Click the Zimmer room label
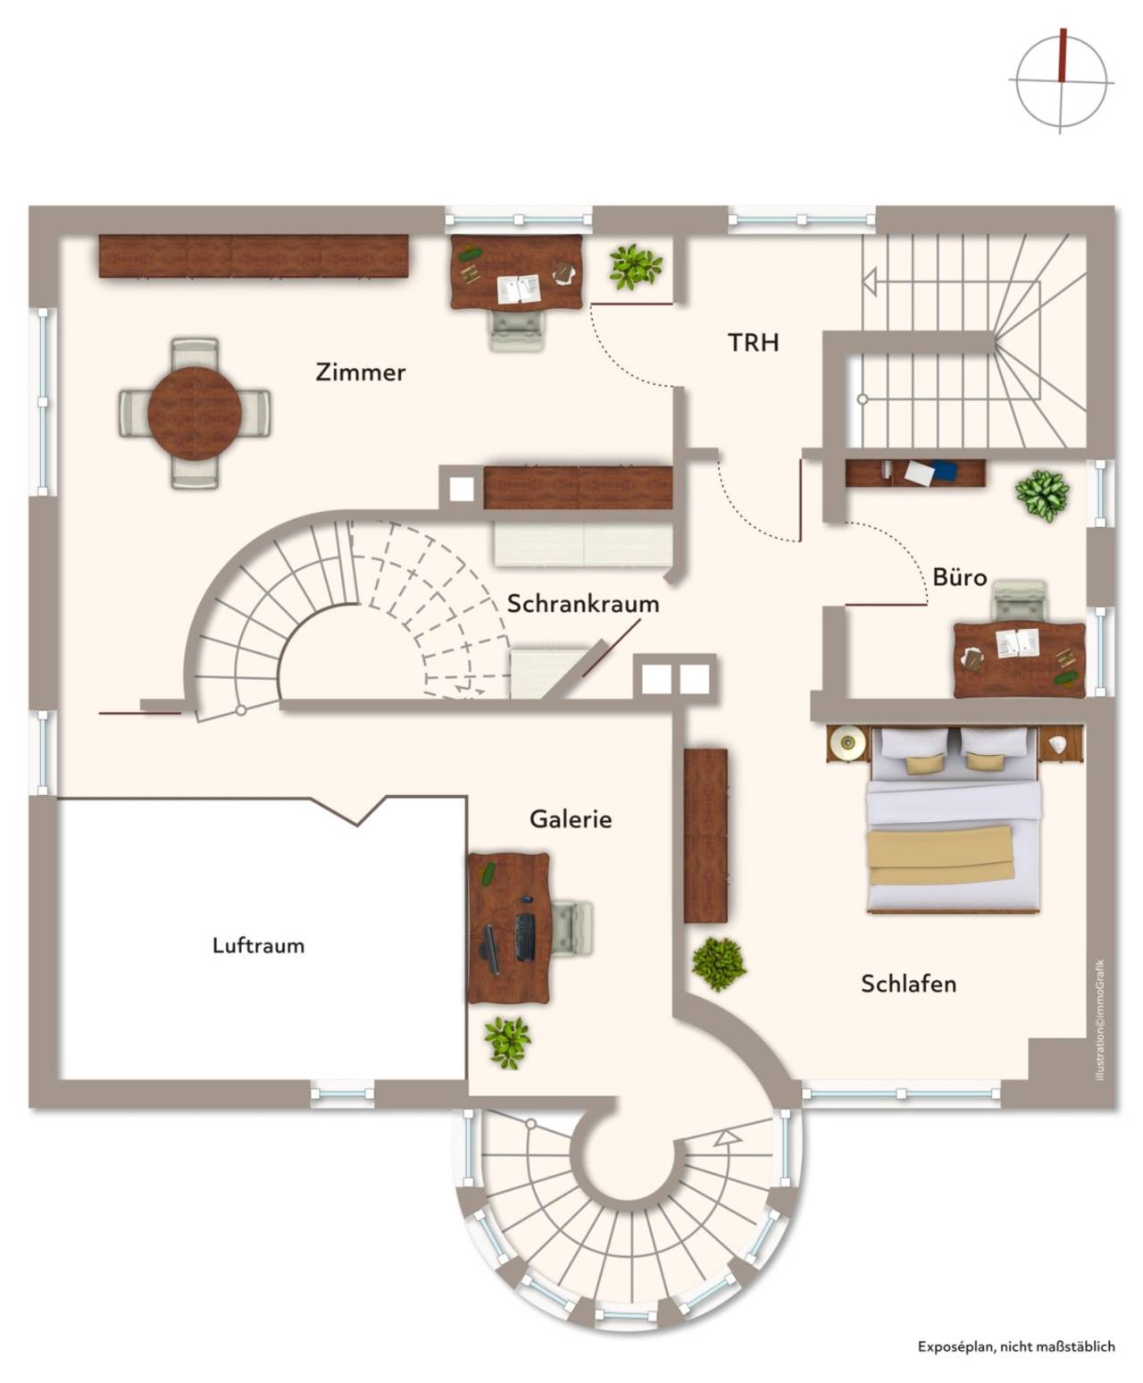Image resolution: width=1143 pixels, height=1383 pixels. (x=360, y=373)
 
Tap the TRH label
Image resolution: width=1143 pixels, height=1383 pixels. (x=753, y=342)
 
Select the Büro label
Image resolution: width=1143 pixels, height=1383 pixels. (x=960, y=577)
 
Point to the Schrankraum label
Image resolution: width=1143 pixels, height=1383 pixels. (x=583, y=604)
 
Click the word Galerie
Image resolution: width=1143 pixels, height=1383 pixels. (x=571, y=819)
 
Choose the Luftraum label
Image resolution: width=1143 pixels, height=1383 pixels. (x=258, y=945)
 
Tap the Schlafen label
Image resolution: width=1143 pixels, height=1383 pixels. (x=908, y=984)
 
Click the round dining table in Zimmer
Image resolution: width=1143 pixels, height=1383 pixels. (x=194, y=414)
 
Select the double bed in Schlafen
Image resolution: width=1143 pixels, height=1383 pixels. (x=952, y=820)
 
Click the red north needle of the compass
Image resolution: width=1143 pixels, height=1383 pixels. (x=1063, y=55)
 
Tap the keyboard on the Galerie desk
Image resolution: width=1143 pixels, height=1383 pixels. (x=524, y=936)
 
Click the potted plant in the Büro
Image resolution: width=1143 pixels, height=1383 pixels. (x=1042, y=494)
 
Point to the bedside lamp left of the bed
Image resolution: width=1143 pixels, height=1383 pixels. (x=847, y=742)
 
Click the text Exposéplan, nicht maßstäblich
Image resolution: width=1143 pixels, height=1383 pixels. (x=1016, y=1345)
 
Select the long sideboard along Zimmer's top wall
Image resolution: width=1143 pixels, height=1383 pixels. (x=253, y=256)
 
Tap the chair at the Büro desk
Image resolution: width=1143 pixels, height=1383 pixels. (x=1020, y=600)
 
